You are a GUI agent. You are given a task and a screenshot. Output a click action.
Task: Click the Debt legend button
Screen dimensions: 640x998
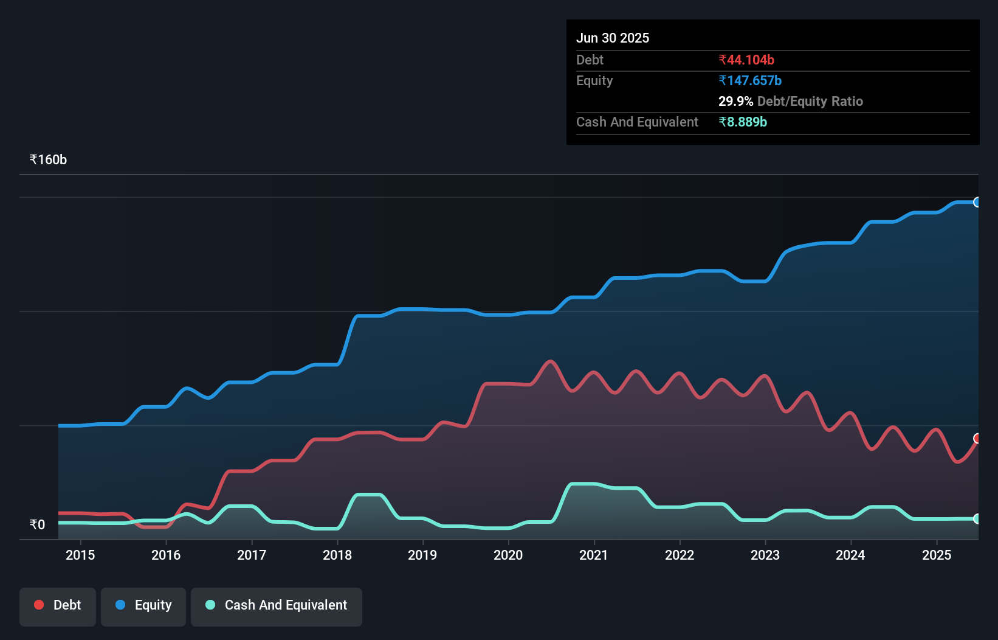point(58,605)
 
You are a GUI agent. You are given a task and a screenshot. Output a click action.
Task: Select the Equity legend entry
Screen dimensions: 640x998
point(143,605)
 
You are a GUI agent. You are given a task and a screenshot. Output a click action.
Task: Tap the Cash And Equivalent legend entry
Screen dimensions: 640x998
point(277,605)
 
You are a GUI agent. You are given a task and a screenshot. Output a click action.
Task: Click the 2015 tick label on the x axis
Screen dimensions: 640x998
point(80,555)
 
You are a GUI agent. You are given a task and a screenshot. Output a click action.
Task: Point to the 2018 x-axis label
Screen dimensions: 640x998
point(337,555)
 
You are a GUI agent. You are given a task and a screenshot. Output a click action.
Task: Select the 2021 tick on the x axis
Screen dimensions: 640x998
point(594,555)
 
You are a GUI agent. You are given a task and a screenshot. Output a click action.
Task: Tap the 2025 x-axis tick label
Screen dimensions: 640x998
point(937,555)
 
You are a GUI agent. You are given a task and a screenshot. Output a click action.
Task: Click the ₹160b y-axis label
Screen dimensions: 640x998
point(48,160)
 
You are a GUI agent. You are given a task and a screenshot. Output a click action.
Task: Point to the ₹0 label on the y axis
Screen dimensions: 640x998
point(38,524)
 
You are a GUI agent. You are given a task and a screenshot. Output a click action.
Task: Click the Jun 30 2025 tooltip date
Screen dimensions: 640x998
point(613,38)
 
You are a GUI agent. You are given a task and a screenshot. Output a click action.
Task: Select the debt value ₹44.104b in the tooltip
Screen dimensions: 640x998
point(746,60)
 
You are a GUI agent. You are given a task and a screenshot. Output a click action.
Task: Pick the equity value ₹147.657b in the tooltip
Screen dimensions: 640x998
point(750,80)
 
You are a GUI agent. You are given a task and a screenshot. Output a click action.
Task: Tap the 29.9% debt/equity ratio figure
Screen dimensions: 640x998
point(735,101)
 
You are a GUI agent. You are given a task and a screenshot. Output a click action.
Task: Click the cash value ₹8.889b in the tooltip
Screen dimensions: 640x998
point(743,122)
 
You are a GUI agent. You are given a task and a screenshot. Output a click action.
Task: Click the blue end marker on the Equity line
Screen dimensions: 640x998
point(977,202)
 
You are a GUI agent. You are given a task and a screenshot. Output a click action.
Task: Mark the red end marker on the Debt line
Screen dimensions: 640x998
point(977,439)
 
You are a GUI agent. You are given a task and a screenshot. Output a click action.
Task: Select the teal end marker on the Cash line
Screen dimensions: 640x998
point(977,519)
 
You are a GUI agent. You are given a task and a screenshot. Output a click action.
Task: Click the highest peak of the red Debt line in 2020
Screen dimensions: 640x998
point(551,361)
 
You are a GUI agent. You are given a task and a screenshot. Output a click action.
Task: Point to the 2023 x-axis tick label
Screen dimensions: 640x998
point(765,555)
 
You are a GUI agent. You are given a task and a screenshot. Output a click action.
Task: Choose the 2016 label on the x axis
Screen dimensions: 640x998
point(166,555)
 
